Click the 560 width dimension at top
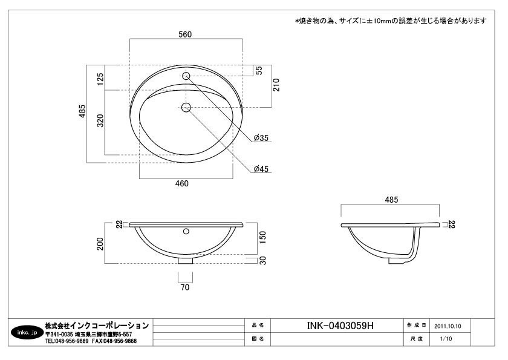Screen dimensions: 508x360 185,34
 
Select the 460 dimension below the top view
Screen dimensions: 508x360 182,183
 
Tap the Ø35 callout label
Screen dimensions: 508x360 261,138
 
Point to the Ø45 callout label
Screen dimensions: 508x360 261,169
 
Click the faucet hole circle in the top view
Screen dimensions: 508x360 186,76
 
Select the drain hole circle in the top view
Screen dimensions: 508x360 186,107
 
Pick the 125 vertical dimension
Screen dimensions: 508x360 100,79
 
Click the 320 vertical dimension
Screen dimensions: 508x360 100,120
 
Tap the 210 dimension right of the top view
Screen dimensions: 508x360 276,85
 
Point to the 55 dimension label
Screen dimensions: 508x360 259,70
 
